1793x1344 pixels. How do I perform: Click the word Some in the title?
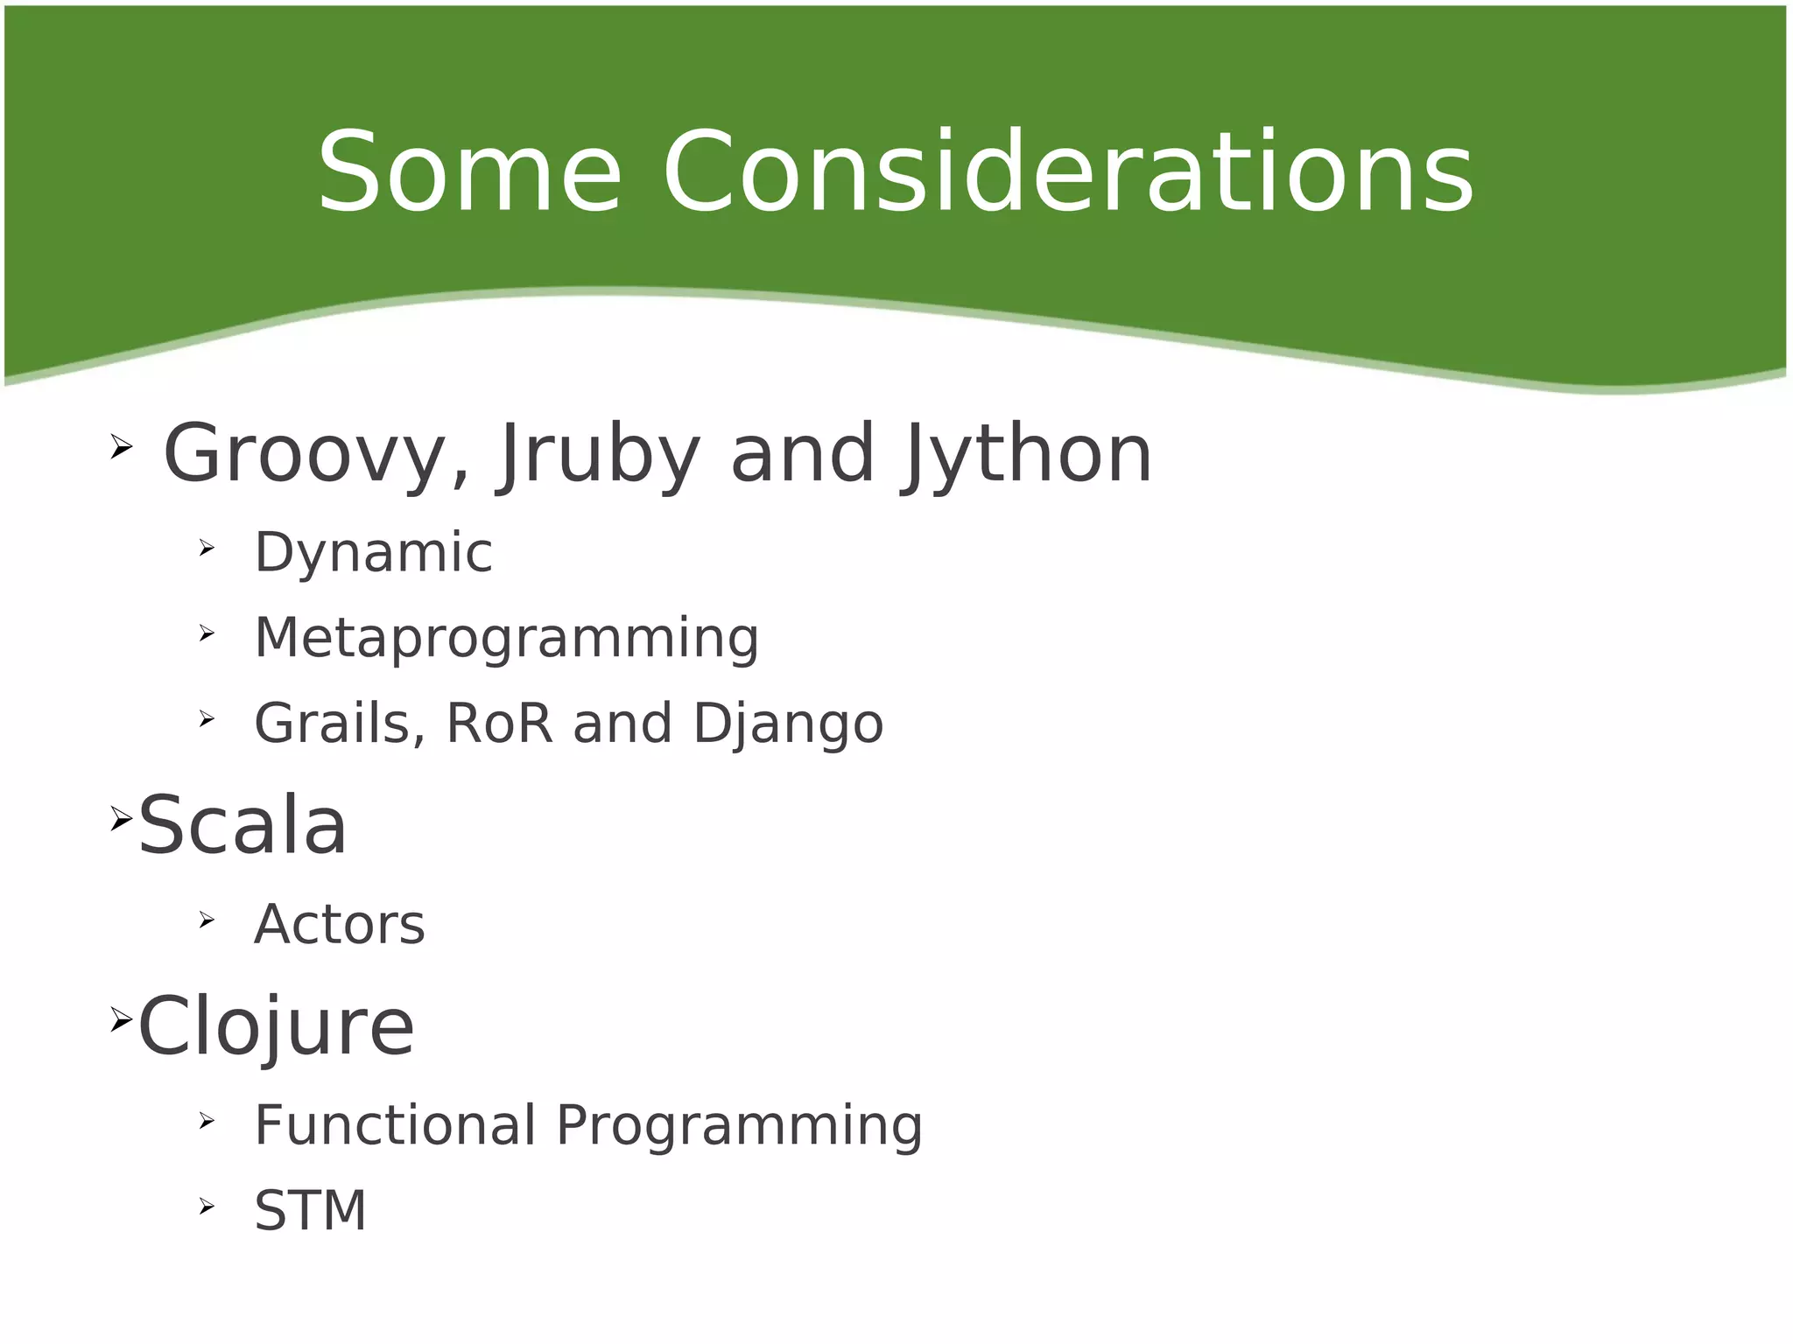click(469, 172)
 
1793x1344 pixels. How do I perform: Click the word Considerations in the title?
click(1068, 172)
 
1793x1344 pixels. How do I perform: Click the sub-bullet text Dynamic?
click(373, 553)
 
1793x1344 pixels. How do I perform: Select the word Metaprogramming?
click(506, 639)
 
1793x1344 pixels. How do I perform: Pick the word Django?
click(788, 724)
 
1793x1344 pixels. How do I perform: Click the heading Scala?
click(243, 825)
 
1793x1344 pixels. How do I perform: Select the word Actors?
click(339, 925)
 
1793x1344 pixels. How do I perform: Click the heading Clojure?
click(276, 1026)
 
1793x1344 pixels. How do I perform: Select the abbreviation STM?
click(310, 1211)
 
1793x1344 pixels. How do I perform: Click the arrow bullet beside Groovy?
click(121, 448)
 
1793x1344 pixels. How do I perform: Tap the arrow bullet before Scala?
click(121, 819)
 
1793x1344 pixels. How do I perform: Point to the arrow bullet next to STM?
click(206, 1207)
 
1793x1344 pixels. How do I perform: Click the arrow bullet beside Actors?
click(206, 920)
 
